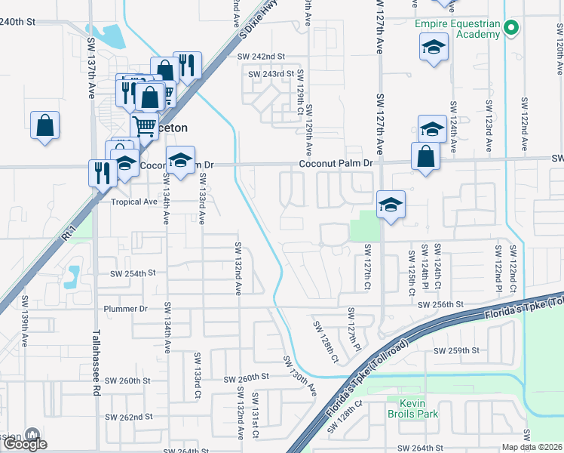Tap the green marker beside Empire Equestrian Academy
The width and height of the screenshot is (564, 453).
click(x=511, y=29)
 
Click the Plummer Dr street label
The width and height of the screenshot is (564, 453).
click(x=127, y=309)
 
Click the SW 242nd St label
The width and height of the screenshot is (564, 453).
click(x=260, y=57)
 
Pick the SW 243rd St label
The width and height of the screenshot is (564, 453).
click(x=271, y=74)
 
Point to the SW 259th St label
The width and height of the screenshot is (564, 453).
click(x=456, y=351)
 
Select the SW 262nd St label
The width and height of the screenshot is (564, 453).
click(x=129, y=417)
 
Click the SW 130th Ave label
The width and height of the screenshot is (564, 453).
click(x=299, y=374)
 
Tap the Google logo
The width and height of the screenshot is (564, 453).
click(x=25, y=444)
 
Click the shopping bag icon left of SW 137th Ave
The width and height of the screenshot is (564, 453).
click(x=44, y=125)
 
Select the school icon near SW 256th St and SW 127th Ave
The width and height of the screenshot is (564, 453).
click(x=391, y=204)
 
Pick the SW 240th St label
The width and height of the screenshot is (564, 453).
click(x=17, y=22)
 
